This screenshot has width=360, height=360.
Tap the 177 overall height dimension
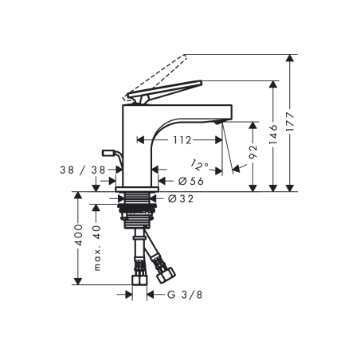[296, 125]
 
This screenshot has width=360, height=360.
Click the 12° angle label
[200, 166]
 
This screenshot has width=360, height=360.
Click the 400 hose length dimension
[77, 237]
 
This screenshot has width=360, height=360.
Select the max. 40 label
[97, 248]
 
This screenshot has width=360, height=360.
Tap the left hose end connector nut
[139, 280]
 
